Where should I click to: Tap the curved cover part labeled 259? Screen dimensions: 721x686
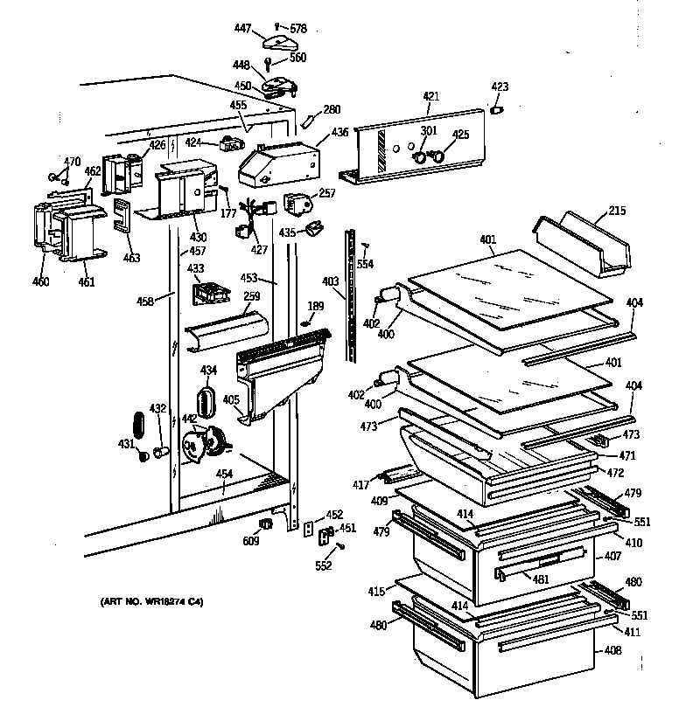pos(226,330)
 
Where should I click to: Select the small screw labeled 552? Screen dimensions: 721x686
pos(340,546)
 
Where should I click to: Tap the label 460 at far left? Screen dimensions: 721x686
pos(42,281)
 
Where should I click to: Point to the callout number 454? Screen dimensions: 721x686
pos(225,475)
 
